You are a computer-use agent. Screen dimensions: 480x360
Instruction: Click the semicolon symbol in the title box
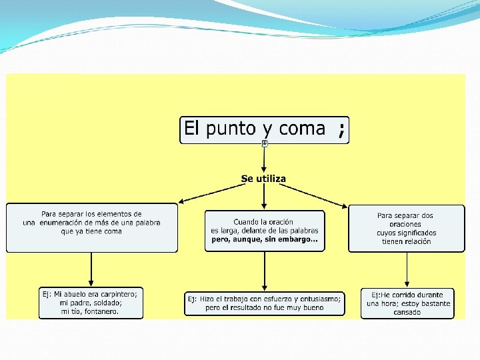click(x=341, y=130)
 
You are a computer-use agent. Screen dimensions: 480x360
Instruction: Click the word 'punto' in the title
click(x=230, y=129)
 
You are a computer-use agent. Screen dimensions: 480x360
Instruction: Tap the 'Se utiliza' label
click(x=263, y=179)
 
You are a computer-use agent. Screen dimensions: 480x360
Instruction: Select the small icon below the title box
click(x=265, y=143)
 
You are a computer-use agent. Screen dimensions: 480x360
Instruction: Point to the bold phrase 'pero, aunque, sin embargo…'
click(x=264, y=239)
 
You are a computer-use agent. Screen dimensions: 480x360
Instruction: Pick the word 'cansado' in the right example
click(x=407, y=312)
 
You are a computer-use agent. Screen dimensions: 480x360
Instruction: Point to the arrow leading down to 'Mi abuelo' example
click(x=91, y=269)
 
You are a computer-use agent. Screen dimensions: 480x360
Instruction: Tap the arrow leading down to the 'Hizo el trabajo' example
click(x=265, y=271)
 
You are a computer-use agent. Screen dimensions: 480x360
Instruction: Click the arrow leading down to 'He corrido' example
click(x=407, y=270)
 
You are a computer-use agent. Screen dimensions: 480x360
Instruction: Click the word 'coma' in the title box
click(x=303, y=129)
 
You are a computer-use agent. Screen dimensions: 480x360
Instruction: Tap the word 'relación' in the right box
click(x=415, y=241)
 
